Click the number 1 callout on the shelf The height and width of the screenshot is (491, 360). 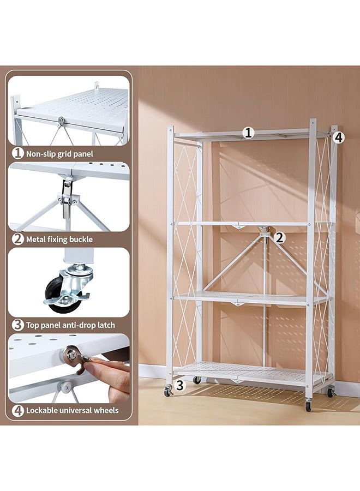[249, 133]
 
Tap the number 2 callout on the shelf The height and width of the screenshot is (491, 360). [279, 237]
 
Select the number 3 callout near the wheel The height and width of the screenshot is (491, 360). [181, 386]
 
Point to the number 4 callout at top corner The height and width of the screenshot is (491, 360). [339, 137]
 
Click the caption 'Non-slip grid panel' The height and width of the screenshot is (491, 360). [59, 154]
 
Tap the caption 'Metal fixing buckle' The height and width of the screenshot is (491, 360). [59, 239]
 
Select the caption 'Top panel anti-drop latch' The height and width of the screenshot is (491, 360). [70, 325]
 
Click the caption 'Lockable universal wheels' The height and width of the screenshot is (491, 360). [72, 410]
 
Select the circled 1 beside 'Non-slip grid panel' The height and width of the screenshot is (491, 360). [18, 154]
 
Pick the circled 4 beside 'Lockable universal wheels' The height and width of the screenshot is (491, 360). [18, 410]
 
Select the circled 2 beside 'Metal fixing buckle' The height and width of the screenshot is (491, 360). [18, 239]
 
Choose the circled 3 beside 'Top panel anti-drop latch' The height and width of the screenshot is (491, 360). [18, 325]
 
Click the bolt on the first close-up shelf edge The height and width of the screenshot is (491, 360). [61, 121]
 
